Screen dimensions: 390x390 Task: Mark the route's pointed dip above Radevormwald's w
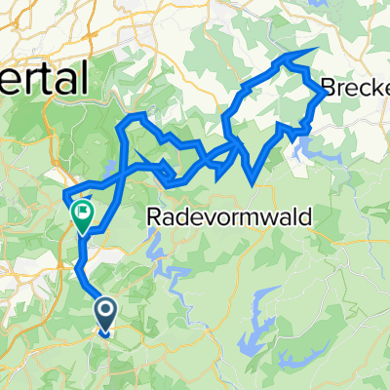click(x=253, y=181)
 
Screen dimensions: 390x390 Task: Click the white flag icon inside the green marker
click(x=84, y=210)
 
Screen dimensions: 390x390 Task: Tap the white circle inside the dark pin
click(x=105, y=310)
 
